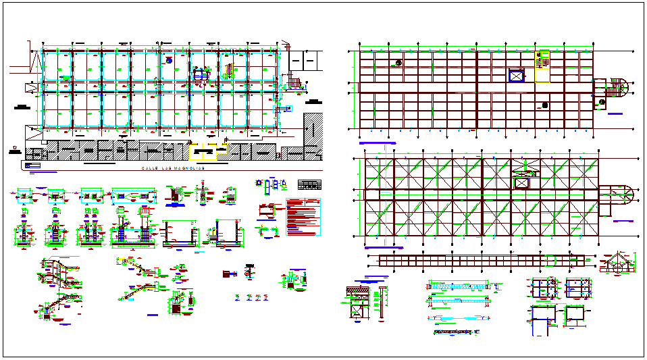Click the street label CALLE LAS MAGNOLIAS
[x=173, y=169]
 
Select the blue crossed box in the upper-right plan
[x=517, y=76]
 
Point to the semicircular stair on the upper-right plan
[x=614, y=89]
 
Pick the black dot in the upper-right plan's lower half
[x=544, y=105]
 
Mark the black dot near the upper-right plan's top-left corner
[x=398, y=62]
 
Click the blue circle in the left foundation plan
[x=168, y=59]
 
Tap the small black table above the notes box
[x=309, y=184]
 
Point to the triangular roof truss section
[x=617, y=263]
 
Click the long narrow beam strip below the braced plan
[x=482, y=261]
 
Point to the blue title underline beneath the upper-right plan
[x=377, y=143]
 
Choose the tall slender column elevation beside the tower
[x=382, y=299]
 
